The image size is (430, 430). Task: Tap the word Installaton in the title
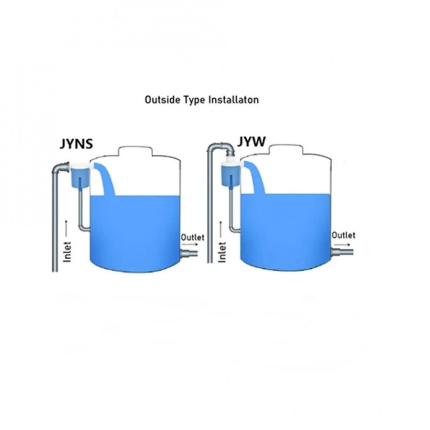coord(233,99)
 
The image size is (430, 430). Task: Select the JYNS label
coord(76,144)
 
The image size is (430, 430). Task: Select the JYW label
coord(251,142)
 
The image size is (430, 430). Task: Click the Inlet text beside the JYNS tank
coord(67,252)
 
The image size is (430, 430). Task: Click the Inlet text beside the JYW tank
coord(222,252)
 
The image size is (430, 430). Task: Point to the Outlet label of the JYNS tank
coord(193,237)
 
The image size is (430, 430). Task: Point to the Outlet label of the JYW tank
coord(343,235)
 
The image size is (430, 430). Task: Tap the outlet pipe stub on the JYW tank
coord(342,252)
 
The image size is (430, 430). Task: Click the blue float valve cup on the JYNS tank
coord(80,176)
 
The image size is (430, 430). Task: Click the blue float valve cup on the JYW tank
coord(231,175)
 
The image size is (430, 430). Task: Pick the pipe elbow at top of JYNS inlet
coord(59,167)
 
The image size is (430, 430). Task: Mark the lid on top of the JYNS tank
coord(135,151)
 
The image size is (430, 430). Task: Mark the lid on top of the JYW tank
coord(286,150)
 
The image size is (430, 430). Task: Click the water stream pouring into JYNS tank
coord(106,178)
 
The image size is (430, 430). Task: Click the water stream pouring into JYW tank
coord(255,177)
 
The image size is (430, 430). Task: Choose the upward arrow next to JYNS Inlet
coord(65,228)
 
